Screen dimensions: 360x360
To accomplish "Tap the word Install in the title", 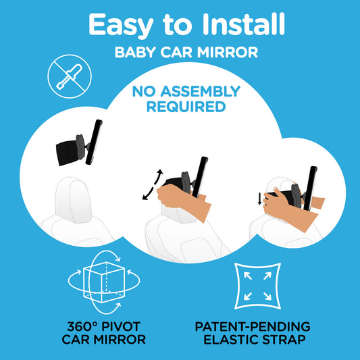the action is (x=243, y=24).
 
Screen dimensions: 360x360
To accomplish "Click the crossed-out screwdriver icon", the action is (x=70, y=76).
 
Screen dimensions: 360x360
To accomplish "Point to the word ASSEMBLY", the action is (x=200, y=91).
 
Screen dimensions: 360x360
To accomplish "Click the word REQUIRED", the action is (x=186, y=107).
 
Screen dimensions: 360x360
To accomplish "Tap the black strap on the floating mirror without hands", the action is (x=67, y=153).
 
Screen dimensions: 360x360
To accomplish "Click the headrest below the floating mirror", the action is (x=73, y=200).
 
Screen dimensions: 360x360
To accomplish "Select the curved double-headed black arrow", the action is (x=153, y=184).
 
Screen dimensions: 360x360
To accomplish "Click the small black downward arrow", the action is (x=259, y=199).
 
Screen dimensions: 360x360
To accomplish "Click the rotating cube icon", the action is (x=104, y=282).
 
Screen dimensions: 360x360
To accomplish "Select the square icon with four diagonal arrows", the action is (x=257, y=286).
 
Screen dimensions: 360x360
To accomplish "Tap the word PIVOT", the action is (x=121, y=326).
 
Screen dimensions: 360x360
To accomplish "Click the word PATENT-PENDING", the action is (x=253, y=326).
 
